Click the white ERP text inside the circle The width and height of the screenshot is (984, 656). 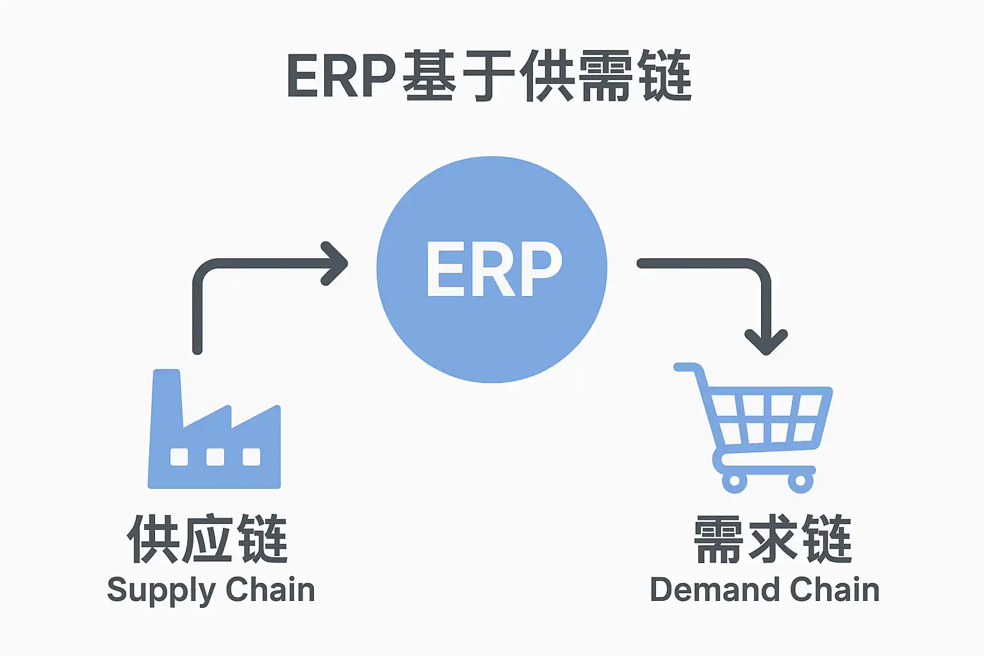coord(494,268)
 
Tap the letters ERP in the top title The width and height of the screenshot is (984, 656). coord(341,76)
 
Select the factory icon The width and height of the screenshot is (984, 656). coord(214,429)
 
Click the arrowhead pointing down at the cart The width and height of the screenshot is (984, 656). coord(766,341)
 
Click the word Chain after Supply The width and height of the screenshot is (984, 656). coord(270,589)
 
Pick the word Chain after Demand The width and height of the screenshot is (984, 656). coord(835,589)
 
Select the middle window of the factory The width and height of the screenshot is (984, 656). coord(215,457)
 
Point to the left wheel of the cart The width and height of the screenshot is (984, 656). coord(735,480)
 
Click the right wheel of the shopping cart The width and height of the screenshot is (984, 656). coord(800,480)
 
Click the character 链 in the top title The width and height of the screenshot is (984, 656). coord(664,76)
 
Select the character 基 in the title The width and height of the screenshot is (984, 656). coord(429,76)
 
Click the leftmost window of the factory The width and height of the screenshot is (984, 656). coord(179,457)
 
